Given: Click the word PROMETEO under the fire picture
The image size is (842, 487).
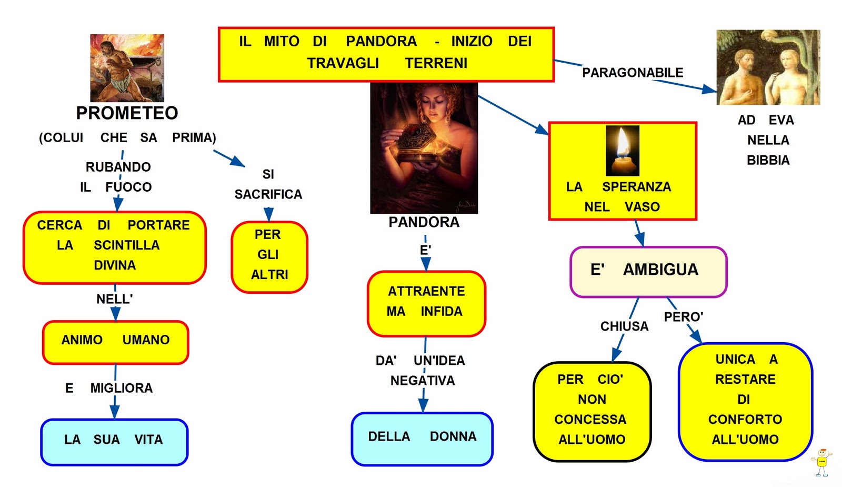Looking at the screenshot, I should tap(127, 113).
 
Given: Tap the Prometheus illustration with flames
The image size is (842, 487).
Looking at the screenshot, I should tap(127, 68).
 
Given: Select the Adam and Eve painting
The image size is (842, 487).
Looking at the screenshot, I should tap(768, 67).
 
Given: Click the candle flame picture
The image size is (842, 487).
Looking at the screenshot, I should tap(623, 151).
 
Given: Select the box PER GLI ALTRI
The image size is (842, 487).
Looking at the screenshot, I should tap(269, 256).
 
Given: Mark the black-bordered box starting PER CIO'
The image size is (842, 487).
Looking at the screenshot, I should tap(592, 411).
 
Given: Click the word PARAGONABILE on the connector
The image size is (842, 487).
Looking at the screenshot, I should tap(633, 73).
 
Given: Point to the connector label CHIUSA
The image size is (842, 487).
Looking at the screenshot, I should tap(624, 326).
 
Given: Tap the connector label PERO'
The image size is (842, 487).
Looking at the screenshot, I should tap(683, 317).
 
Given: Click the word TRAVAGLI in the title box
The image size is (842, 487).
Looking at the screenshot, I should tap(343, 63).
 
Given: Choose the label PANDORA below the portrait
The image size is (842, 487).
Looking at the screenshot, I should tap(424, 222).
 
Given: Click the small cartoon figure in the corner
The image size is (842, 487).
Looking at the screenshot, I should tap(821, 462).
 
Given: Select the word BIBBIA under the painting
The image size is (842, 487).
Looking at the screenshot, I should tap(768, 160).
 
